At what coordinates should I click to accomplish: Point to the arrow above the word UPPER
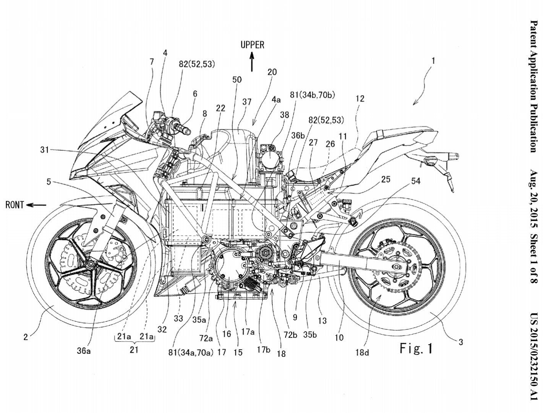point(252,62)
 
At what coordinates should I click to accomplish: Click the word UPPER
point(252,45)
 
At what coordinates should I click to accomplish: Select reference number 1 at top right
point(433,60)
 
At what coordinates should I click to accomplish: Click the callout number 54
point(415,181)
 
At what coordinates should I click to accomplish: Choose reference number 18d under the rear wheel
point(362,352)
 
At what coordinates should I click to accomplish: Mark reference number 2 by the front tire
point(26,337)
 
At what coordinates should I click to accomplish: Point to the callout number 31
point(45,150)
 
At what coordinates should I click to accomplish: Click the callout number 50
point(237,79)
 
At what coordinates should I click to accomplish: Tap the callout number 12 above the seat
point(360,98)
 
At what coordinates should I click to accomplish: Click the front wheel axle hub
point(91,263)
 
